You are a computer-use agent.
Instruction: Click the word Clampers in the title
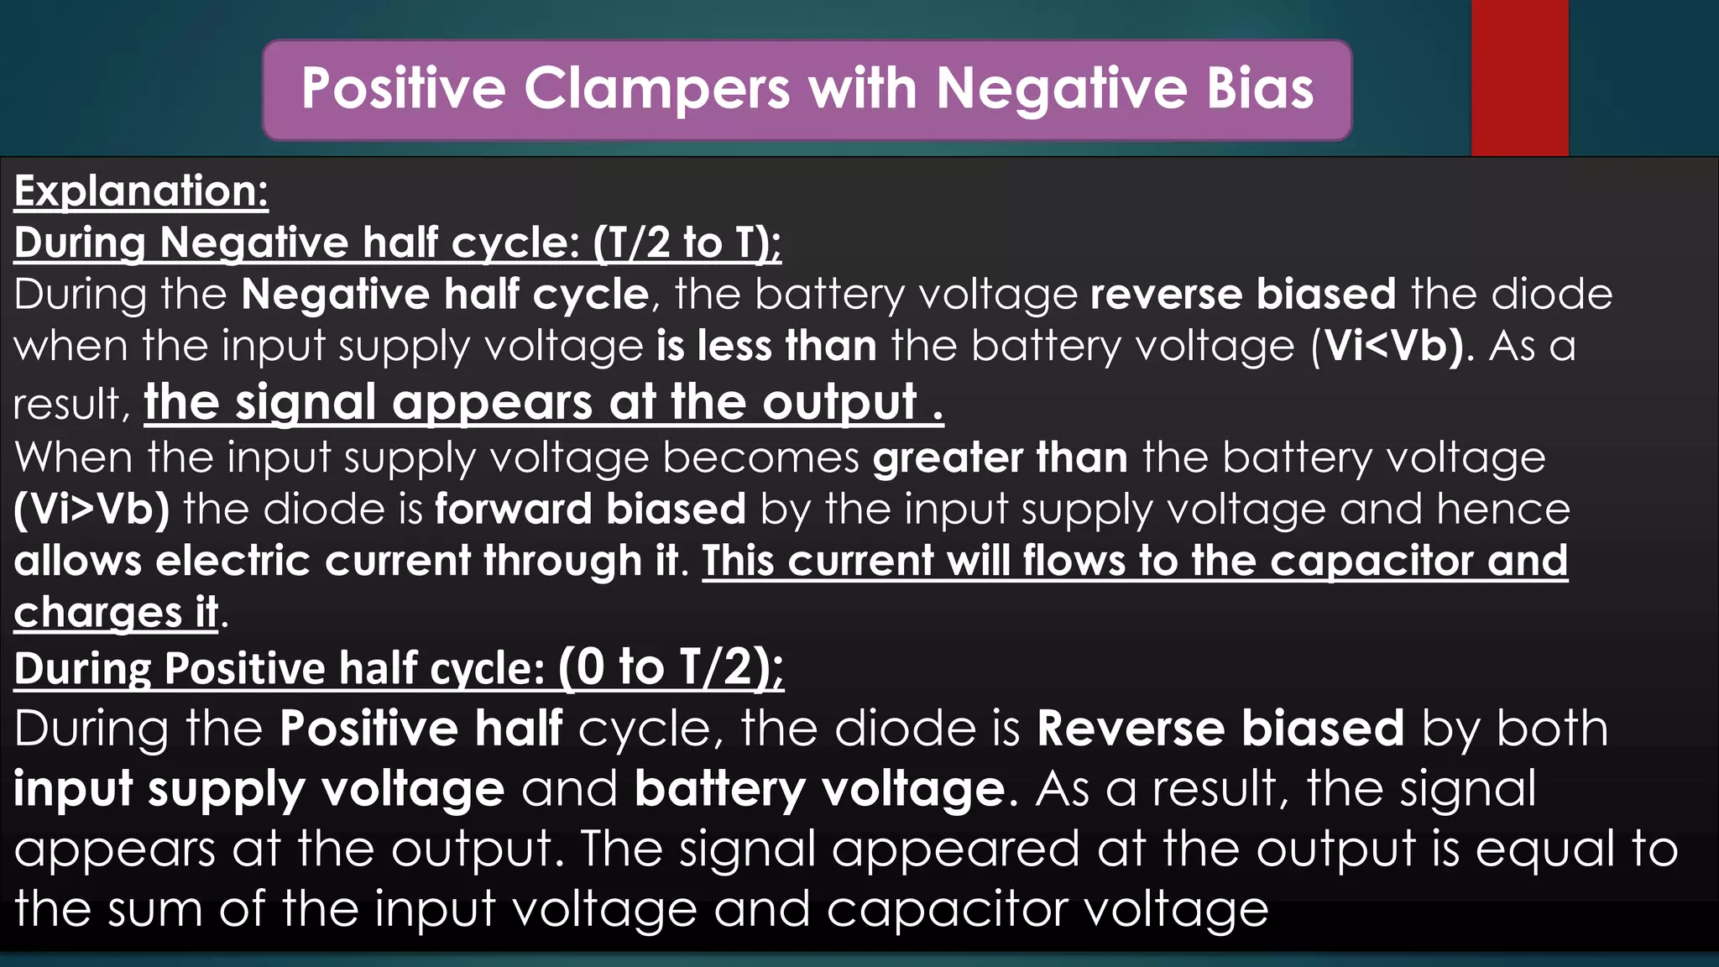click(657, 89)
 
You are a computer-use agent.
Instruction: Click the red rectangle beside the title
click(1519, 77)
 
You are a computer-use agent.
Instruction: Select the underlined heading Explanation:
click(141, 191)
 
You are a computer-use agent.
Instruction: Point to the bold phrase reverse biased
click(1242, 295)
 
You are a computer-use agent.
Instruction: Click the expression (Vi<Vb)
click(1390, 347)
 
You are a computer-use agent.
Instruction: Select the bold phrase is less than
click(766, 347)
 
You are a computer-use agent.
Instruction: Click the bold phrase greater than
click(1000, 458)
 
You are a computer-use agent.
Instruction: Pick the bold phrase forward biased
click(590, 510)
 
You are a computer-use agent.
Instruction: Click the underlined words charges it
click(116, 612)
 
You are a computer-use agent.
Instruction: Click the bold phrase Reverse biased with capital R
click(1220, 729)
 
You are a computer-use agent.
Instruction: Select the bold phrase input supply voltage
click(259, 789)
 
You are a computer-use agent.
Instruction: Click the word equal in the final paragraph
click(1545, 849)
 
